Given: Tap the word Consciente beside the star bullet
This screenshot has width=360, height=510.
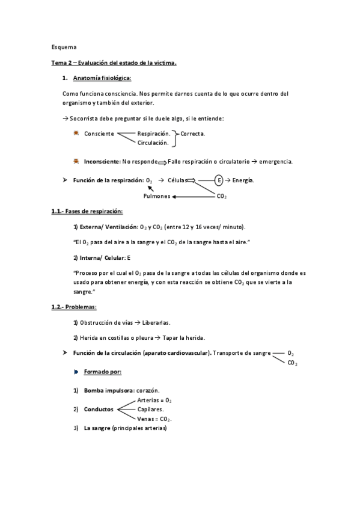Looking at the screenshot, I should click(99, 134).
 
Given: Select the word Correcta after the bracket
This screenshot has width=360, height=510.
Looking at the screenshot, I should click(193, 134).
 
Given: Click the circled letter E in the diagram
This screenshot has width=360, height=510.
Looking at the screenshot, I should click(219, 180).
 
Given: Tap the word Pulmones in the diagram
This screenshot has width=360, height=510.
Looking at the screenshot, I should click(157, 196).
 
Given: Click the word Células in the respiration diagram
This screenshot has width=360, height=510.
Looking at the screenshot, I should click(177, 180).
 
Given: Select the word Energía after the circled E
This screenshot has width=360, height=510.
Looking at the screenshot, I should click(243, 180).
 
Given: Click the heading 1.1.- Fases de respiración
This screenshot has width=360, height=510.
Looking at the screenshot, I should click(87, 211).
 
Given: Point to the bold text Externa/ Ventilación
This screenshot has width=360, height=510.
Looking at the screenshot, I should click(105, 227).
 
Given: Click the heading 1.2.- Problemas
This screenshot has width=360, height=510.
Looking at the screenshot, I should click(78, 307).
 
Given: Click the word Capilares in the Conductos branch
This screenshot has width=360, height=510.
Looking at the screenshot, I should click(151, 409).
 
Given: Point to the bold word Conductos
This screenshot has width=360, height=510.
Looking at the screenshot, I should click(99, 410).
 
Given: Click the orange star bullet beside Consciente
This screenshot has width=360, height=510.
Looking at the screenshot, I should click(76, 133).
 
